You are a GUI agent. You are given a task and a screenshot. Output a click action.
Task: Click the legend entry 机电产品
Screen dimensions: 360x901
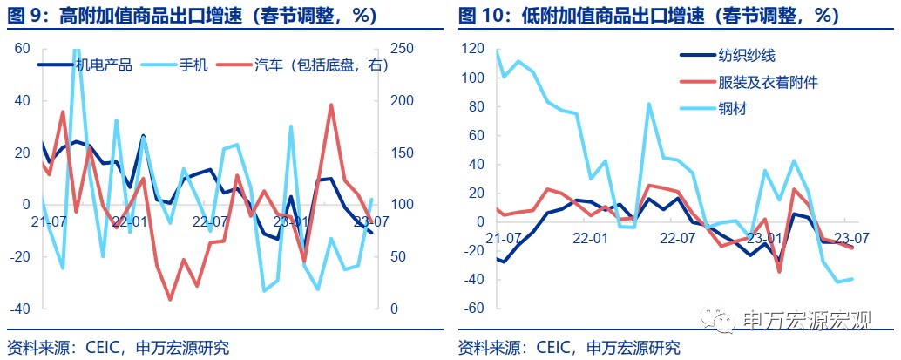click(103, 65)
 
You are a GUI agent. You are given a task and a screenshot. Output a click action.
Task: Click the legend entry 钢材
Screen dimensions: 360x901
click(732, 109)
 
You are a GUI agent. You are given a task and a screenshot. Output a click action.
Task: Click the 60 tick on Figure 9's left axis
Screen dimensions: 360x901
click(23, 49)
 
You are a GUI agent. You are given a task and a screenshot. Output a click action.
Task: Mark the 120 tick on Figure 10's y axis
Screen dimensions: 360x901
click(471, 49)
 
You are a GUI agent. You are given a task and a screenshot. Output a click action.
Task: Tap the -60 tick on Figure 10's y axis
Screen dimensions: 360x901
click(471, 309)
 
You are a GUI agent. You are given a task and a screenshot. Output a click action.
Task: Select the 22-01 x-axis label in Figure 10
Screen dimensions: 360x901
click(590, 238)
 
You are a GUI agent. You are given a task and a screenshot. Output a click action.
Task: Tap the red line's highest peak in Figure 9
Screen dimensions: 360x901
click(331, 105)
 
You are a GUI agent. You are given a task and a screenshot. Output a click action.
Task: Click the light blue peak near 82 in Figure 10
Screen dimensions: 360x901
click(649, 104)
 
